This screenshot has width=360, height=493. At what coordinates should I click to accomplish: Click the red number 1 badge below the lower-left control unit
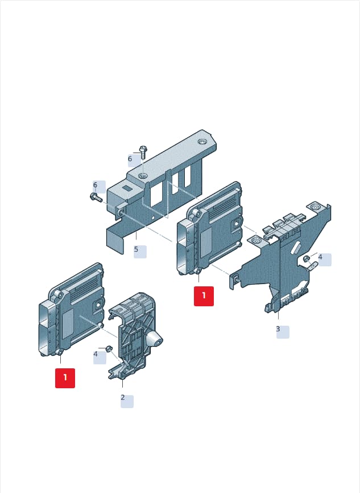click(x=65, y=378)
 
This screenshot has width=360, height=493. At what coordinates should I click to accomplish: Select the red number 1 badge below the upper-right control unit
click(x=204, y=296)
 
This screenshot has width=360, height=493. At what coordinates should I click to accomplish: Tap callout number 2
click(x=123, y=397)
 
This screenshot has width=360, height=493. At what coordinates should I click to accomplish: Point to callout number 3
click(x=278, y=329)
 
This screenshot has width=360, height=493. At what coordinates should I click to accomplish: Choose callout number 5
click(x=136, y=249)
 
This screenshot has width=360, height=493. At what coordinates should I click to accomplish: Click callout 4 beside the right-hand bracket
click(x=320, y=257)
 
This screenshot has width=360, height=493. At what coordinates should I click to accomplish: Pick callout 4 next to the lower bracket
click(x=96, y=354)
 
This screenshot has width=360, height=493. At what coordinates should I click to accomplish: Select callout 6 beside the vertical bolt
click(x=130, y=159)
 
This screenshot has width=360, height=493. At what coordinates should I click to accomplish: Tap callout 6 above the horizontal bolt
click(x=95, y=185)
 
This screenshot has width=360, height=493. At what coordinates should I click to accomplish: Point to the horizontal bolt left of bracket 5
click(x=96, y=198)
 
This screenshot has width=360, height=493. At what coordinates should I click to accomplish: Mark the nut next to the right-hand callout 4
click(x=307, y=259)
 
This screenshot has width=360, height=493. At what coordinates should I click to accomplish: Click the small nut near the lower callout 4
click(x=109, y=348)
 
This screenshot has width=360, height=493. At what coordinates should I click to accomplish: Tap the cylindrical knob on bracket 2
click(x=154, y=339)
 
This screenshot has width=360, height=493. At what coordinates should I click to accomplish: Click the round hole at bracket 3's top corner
click(x=314, y=207)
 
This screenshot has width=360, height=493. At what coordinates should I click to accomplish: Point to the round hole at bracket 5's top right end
click(x=202, y=142)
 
